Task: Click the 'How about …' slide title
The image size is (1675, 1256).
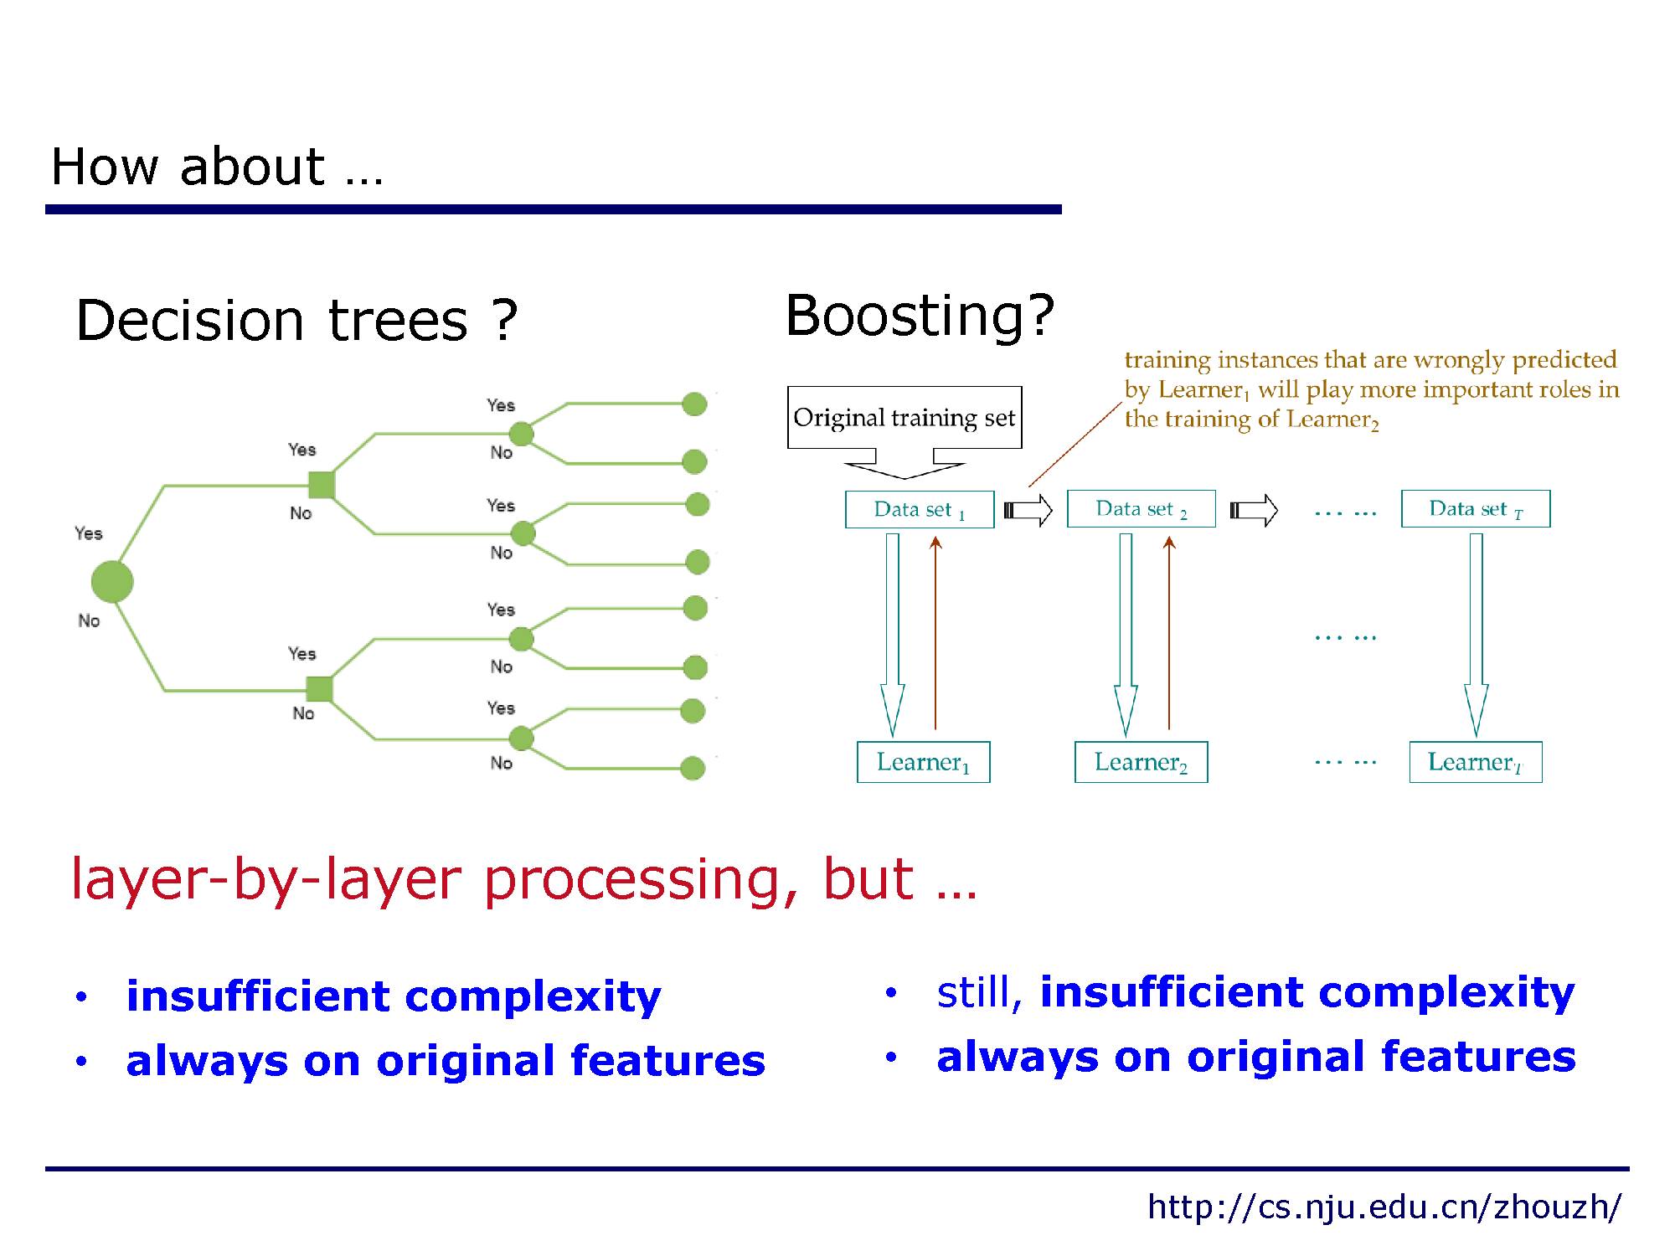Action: (217, 166)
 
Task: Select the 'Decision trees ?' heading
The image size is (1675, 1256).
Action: (297, 320)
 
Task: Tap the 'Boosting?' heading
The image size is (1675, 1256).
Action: (920, 317)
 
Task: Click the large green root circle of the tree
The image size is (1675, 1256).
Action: (112, 581)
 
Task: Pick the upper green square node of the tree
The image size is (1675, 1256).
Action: (322, 485)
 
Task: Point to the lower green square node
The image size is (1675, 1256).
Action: (320, 688)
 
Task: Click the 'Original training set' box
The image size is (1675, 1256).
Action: (904, 417)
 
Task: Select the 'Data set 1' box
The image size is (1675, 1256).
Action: (920, 509)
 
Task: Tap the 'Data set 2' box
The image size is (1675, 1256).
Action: (1141, 508)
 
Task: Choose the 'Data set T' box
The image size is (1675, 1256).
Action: (1476, 508)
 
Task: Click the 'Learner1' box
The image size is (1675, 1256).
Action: (923, 762)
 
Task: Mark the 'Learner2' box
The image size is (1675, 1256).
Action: (1141, 762)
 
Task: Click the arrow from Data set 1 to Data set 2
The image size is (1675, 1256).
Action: (1028, 509)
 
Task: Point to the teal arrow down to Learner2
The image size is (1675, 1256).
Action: (1126, 635)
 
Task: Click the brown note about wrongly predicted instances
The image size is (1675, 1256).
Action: (1372, 389)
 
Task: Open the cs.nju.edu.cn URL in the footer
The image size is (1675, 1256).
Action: (1384, 1207)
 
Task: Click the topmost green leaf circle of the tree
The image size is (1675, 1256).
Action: (694, 404)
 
